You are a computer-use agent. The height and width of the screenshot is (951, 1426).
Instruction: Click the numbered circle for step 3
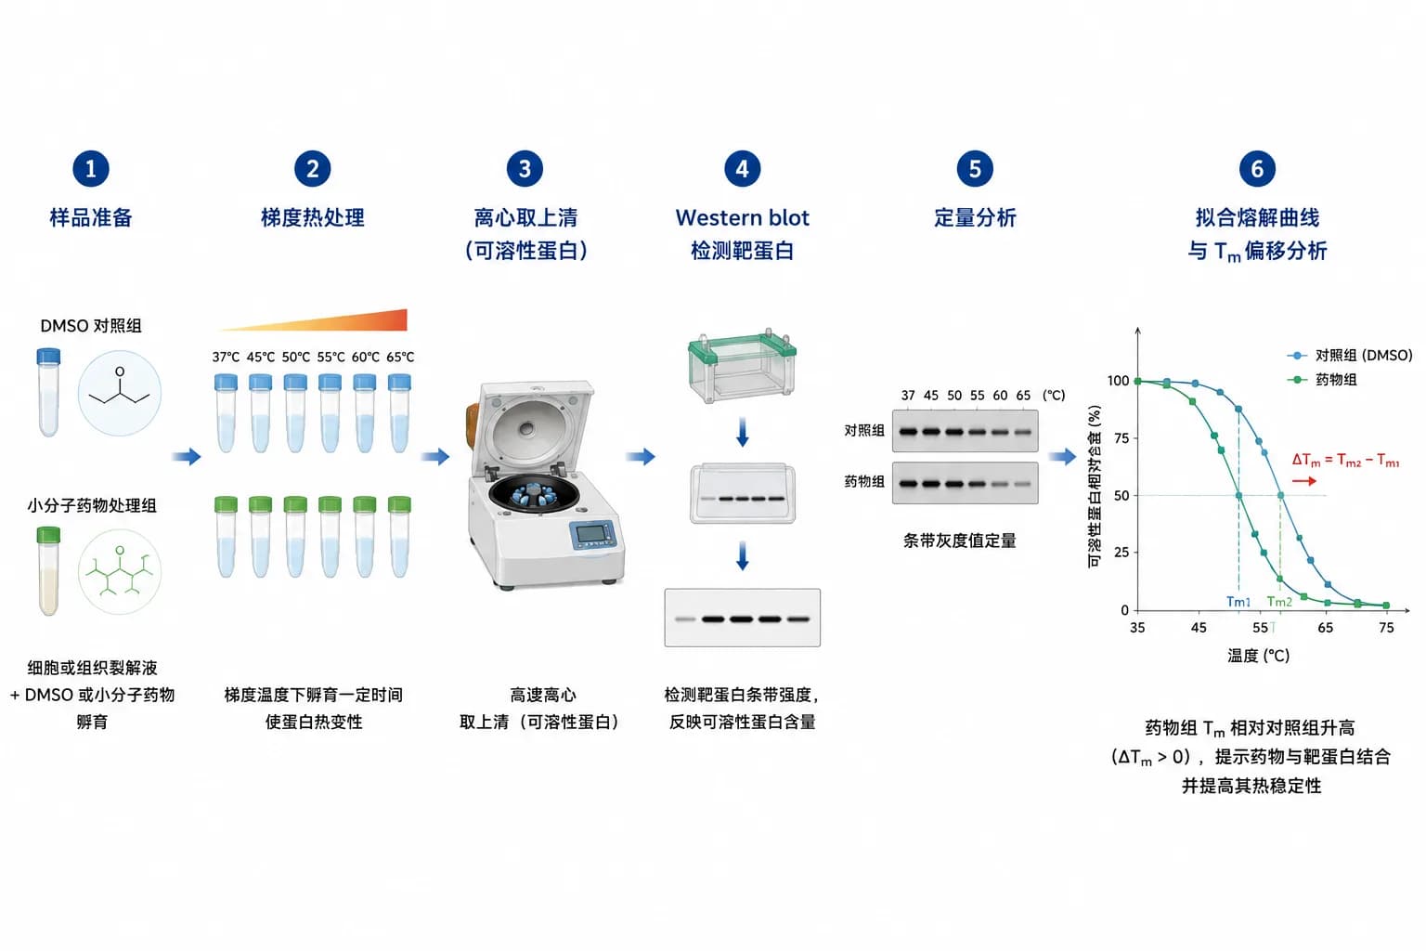click(525, 169)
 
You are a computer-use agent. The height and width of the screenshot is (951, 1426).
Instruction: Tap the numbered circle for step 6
click(1257, 169)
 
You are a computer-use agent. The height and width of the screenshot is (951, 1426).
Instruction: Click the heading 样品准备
click(91, 218)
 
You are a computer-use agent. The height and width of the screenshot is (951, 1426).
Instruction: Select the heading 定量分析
click(975, 218)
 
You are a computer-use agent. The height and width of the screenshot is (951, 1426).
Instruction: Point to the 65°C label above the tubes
click(400, 358)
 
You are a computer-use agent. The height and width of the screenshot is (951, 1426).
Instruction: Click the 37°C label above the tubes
click(226, 358)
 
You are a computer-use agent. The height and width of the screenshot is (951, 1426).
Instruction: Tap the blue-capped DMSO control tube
click(48, 392)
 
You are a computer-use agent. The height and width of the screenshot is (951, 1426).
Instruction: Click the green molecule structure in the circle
click(120, 571)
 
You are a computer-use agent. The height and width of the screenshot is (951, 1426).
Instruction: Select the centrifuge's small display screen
click(590, 533)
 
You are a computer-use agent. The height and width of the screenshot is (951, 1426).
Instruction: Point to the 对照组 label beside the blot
click(864, 431)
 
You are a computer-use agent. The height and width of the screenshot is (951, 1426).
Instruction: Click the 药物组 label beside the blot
click(864, 482)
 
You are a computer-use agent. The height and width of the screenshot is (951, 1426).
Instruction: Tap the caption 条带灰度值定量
click(959, 541)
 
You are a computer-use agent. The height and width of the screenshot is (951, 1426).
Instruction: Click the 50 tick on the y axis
click(1121, 496)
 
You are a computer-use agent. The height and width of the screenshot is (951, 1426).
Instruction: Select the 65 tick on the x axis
click(1325, 628)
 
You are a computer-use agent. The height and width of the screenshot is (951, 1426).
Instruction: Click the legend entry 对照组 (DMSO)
click(1350, 356)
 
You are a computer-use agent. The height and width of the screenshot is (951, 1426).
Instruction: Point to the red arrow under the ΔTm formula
click(1303, 482)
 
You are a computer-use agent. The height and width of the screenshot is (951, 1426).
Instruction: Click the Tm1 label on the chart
click(1238, 601)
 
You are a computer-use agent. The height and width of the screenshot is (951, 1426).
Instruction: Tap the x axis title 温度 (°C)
click(1259, 656)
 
